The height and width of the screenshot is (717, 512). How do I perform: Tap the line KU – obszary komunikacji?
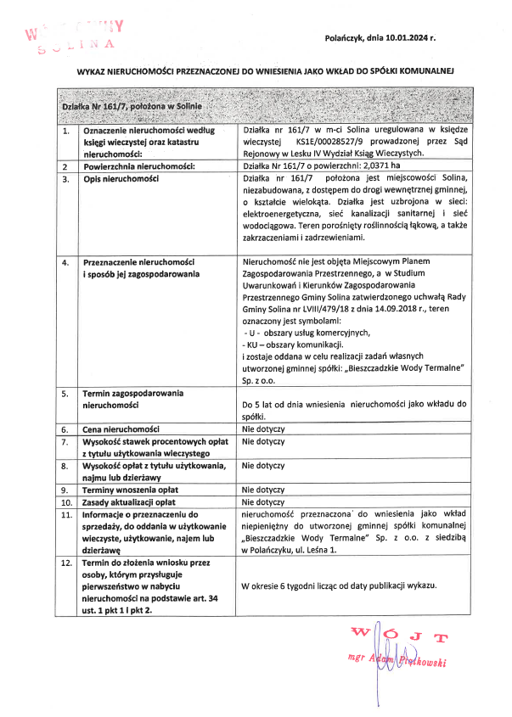pos(293,347)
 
